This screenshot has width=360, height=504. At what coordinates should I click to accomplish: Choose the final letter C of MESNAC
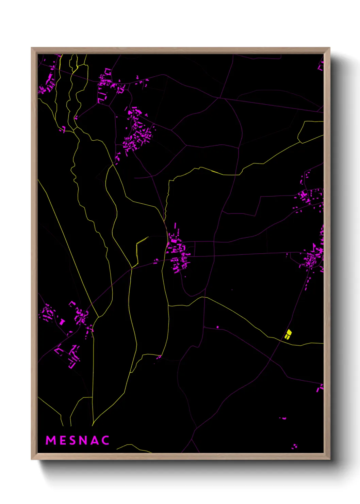coord(105,440)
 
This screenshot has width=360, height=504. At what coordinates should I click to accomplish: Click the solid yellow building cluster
coord(288,334)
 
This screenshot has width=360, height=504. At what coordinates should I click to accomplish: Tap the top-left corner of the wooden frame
coord(32,48)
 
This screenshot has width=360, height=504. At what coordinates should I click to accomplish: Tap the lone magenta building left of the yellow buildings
coord(218,327)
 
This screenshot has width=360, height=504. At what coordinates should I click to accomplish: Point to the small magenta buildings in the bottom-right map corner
coord(295,446)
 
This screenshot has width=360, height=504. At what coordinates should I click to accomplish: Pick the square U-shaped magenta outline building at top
coord(108,72)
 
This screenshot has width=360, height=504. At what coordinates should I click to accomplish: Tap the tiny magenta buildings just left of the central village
coord(156,261)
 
